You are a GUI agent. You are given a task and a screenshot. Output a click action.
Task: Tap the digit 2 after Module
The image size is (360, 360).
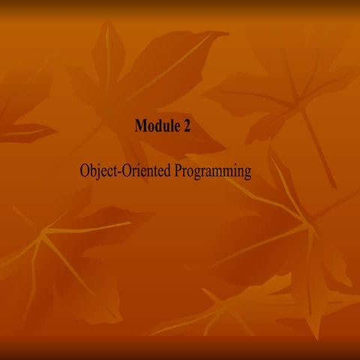click(186, 126)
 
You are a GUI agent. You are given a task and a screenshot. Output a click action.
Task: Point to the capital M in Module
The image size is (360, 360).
click(139, 126)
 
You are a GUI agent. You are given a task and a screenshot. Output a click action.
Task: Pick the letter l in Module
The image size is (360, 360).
click(169, 125)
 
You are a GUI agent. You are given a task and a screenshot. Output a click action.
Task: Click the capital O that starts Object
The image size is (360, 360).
click(83, 172)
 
